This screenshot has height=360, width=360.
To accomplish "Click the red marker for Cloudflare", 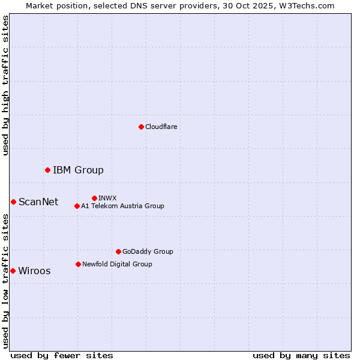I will click(x=141, y=127).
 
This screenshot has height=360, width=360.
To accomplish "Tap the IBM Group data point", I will click(x=47, y=170).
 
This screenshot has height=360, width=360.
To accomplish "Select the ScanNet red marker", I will click(x=13, y=202).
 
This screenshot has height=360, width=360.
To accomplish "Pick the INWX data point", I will click(x=94, y=198).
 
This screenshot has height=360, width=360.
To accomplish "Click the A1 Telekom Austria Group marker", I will click(x=77, y=206).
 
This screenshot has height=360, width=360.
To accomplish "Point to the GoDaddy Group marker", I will click(x=118, y=251).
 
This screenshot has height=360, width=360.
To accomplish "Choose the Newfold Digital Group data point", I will click(x=78, y=264).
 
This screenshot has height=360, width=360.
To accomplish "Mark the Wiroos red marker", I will click(x=13, y=271).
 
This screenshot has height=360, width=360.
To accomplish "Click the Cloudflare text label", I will click(x=161, y=127).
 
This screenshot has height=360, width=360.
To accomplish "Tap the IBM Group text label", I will click(x=78, y=170).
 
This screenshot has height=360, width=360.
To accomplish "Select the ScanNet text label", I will click(x=38, y=202).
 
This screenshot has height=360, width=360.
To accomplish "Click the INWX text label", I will click(x=107, y=198).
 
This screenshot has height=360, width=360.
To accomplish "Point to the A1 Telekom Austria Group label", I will click(x=122, y=206).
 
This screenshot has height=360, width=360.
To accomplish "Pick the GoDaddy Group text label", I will click(x=148, y=251).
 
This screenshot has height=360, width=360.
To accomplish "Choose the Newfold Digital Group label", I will click(x=117, y=264).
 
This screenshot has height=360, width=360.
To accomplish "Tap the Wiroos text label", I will click(x=34, y=271).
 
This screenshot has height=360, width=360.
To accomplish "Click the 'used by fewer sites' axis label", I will click(x=62, y=355).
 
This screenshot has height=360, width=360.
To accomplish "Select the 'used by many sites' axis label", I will click(x=301, y=355).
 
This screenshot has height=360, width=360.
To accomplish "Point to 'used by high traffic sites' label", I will click(x=5, y=85).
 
